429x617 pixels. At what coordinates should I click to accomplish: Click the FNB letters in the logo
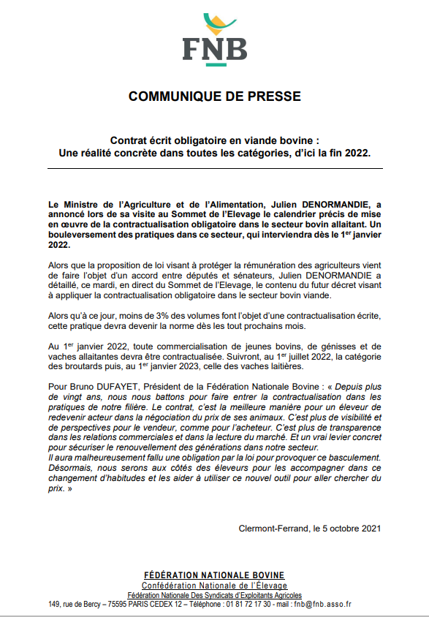click(x=214, y=50)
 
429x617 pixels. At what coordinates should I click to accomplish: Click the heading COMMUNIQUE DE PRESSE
click(x=214, y=96)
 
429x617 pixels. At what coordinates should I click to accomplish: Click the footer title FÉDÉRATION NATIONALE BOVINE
click(x=214, y=575)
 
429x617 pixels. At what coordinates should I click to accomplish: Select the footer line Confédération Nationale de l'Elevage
click(x=214, y=586)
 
